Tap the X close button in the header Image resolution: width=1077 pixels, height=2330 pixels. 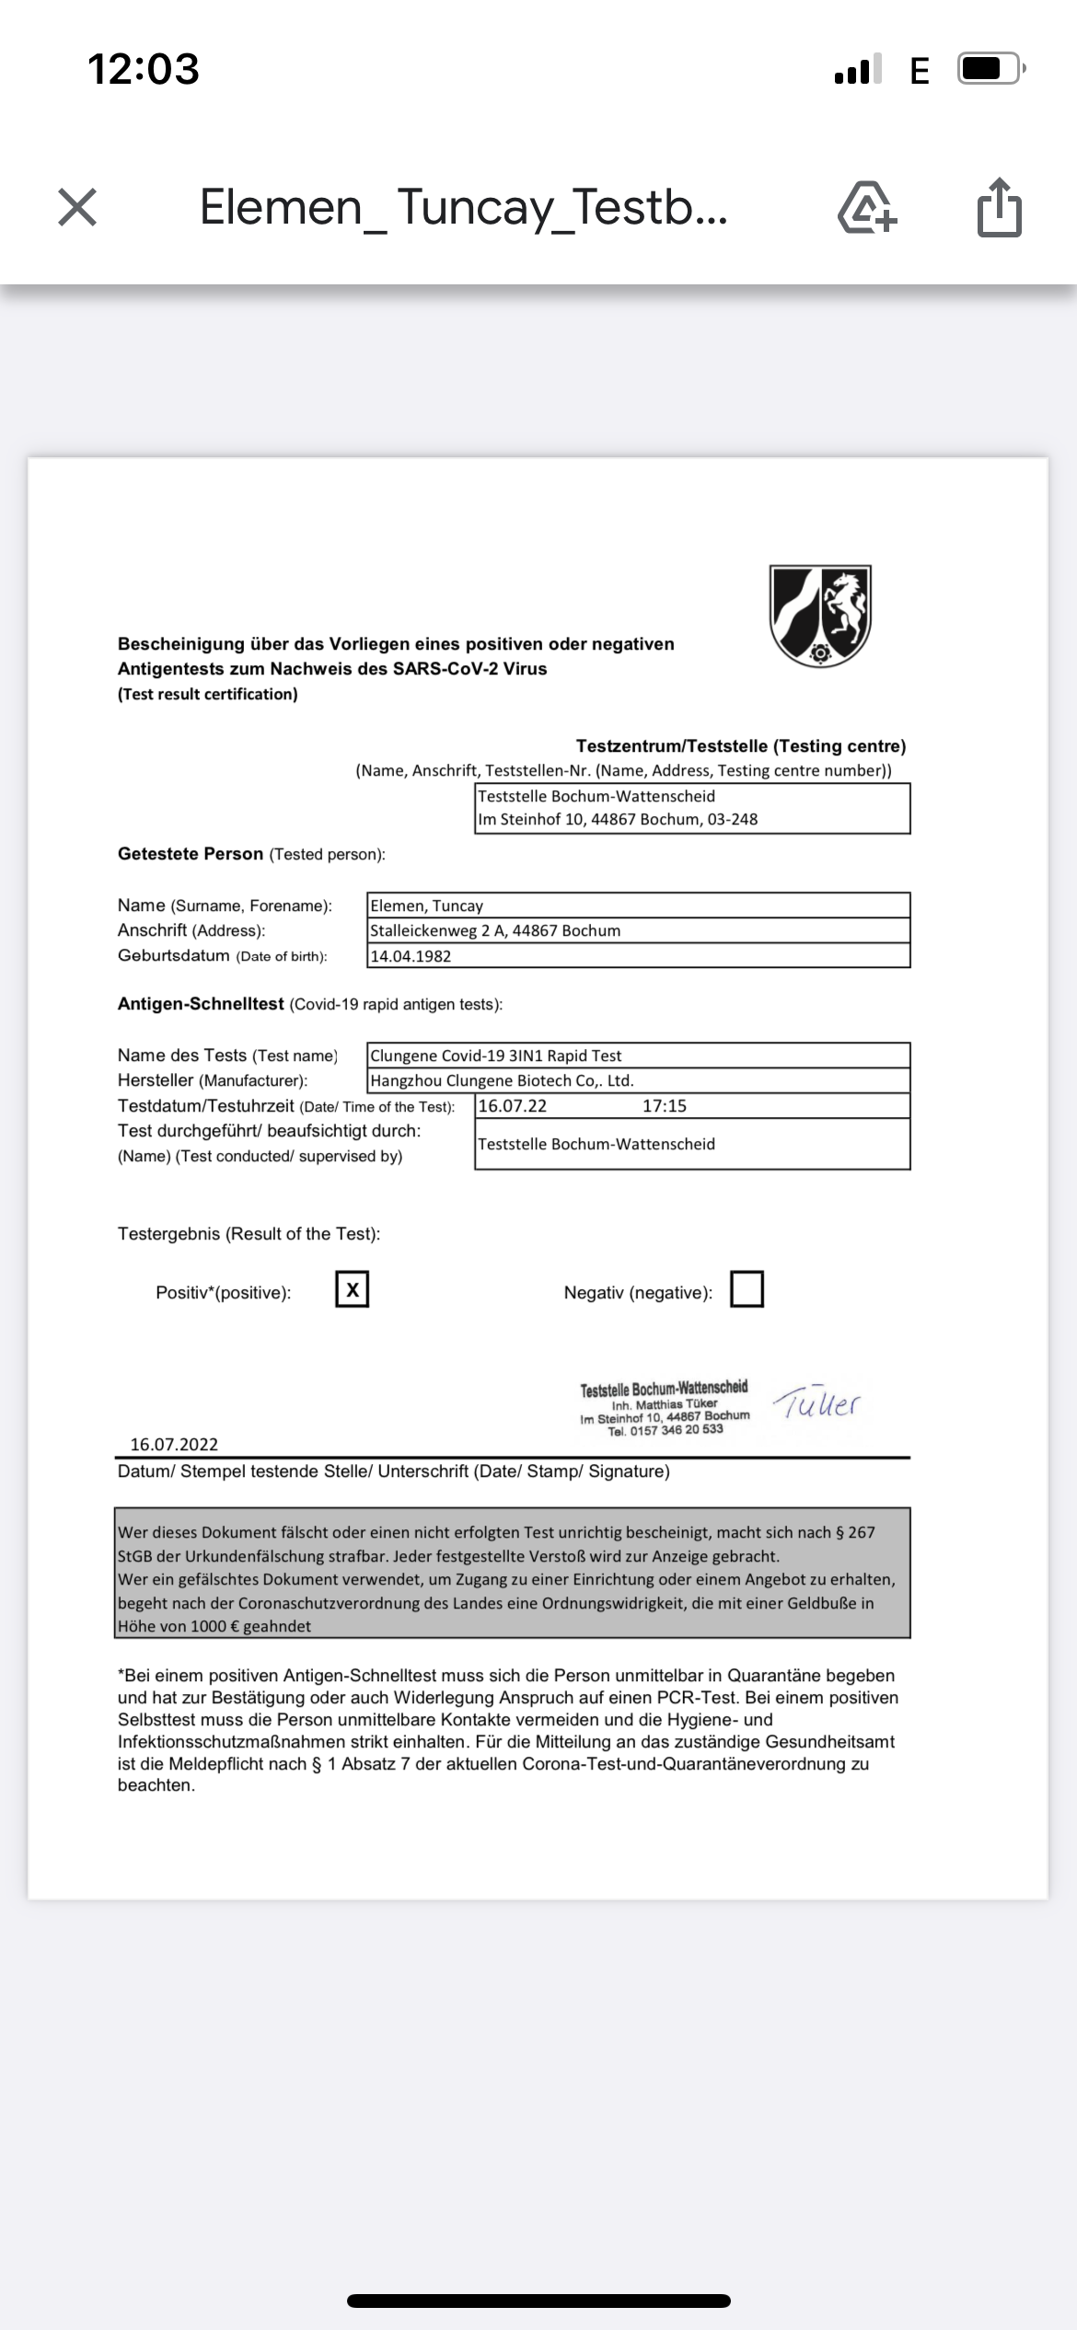click(77, 207)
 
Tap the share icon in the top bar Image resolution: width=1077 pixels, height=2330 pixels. click(999, 207)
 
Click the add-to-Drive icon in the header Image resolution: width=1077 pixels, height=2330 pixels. click(866, 207)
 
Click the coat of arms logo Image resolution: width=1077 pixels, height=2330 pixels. click(820, 615)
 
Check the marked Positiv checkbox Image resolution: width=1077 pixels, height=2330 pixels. click(352, 1289)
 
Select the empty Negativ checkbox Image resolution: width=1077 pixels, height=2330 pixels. click(747, 1289)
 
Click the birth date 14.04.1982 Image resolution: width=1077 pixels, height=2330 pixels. click(411, 956)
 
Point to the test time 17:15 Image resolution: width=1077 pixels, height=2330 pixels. click(665, 1106)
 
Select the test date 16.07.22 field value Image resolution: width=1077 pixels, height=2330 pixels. click(513, 1106)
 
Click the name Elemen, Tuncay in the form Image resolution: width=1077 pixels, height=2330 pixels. click(426, 905)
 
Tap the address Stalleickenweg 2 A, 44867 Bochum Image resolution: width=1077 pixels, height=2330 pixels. click(495, 930)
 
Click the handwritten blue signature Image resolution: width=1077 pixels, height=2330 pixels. click(816, 1403)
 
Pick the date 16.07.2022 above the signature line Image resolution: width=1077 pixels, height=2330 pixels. click(174, 1444)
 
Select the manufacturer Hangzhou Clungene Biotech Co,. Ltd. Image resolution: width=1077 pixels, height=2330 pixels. click(502, 1080)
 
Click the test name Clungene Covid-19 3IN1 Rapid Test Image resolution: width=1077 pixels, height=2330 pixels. click(496, 1055)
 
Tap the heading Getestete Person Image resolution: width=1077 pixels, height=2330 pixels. click(191, 854)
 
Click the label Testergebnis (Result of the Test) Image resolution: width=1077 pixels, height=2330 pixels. click(249, 1234)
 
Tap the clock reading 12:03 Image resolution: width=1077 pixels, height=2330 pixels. click(144, 69)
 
